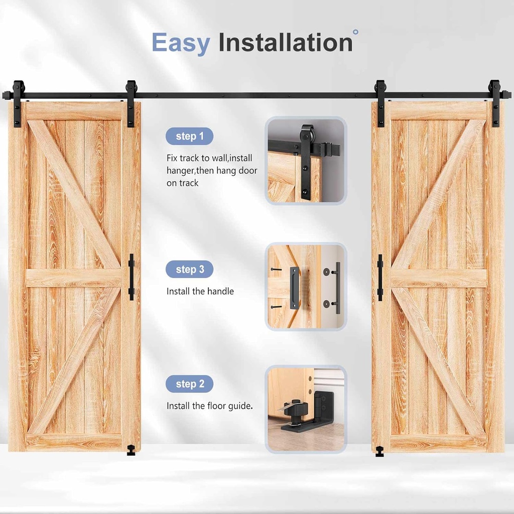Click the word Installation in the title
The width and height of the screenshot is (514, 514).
285,43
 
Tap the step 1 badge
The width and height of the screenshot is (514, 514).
189,136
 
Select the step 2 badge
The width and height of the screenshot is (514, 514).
189,384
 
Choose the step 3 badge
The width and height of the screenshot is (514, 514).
189,270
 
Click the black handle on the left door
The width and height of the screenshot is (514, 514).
132,277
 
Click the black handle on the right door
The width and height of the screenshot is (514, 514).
380,277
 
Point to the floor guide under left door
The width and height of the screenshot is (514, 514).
131,450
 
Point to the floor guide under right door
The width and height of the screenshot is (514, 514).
380,450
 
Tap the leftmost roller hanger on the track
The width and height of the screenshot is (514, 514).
18,103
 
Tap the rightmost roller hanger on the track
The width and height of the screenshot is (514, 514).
495,103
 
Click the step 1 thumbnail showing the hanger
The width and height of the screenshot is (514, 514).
306,161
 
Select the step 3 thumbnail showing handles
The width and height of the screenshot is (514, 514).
306,287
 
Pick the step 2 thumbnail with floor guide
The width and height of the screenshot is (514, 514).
306,409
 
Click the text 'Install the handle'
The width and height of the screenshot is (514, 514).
200,291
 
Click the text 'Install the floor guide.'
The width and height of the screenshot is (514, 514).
209,406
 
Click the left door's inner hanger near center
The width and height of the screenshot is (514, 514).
131,103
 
